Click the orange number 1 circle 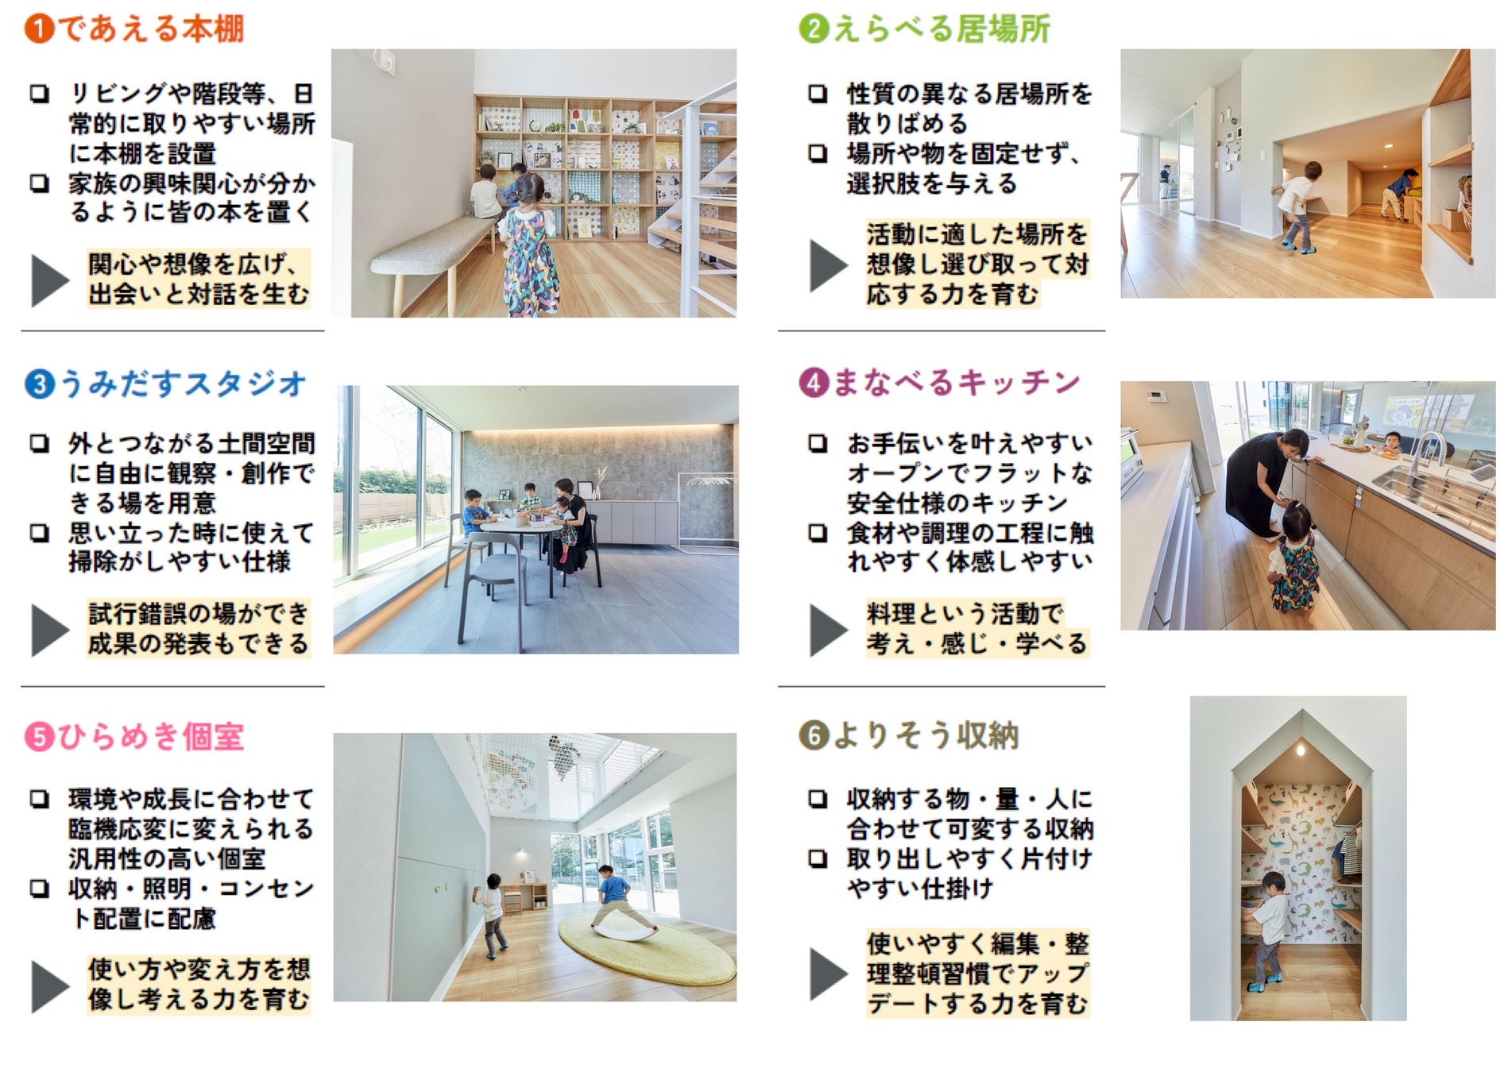click(39, 29)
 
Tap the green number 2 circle click(814, 29)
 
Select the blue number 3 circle click(40, 384)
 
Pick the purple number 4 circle click(814, 383)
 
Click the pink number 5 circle click(40, 737)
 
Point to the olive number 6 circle click(814, 735)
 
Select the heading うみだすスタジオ click(183, 384)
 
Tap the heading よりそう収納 click(926, 735)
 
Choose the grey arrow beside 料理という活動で click(828, 630)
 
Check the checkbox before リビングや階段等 click(39, 94)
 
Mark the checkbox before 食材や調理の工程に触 click(818, 533)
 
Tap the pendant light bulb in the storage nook click(1301, 750)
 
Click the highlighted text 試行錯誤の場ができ click(198, 614)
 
